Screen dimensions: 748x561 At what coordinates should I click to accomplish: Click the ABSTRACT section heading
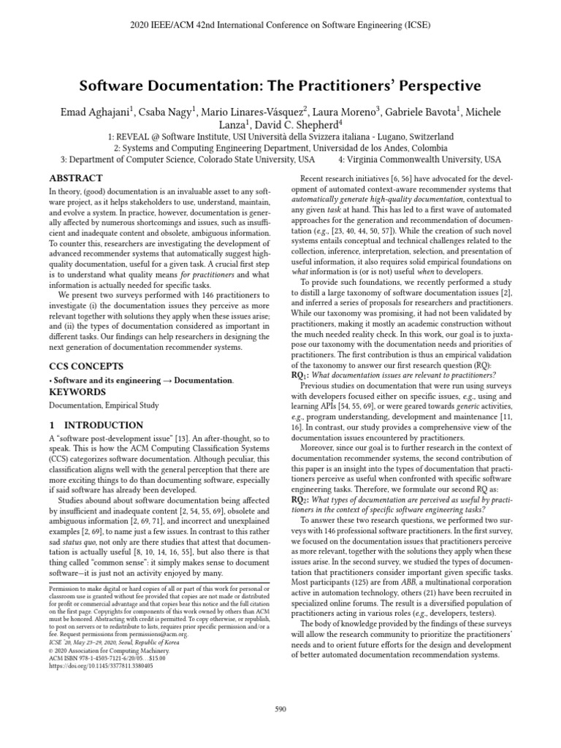tap(75, 178)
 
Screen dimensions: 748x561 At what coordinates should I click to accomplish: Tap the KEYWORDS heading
tap(76, 392)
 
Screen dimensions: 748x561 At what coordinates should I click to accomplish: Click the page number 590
tap(280, 709)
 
